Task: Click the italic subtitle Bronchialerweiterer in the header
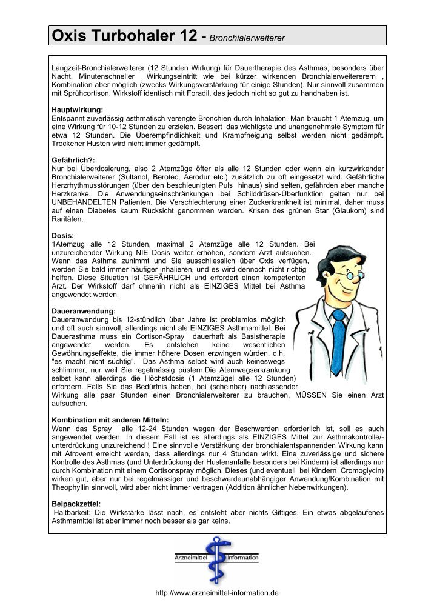(x=247, y=39)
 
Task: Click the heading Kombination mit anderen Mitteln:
(x=110, y=419)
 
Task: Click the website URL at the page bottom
(x=216, y=592)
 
